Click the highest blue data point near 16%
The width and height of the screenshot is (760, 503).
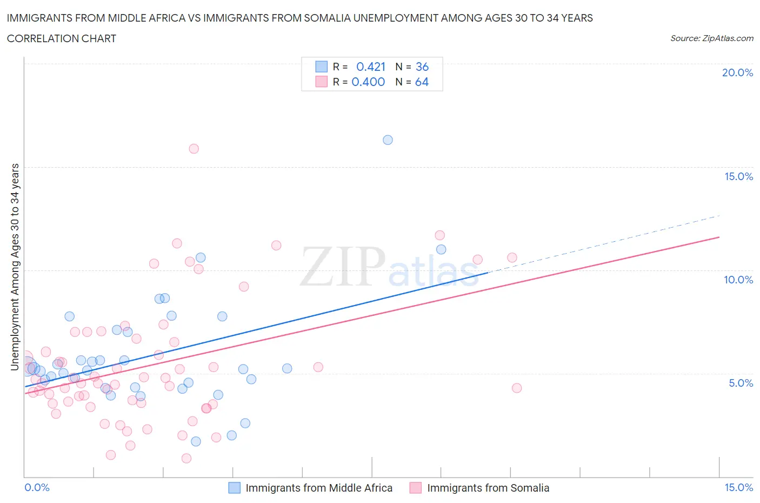click(x=388, y=140)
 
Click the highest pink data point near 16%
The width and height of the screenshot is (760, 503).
click(x=194, y=149)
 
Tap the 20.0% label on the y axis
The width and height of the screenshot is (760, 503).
click(x=737, y=72)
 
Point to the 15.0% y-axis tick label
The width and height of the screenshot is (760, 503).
click(x=738, y=176)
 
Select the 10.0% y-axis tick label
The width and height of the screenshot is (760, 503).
click(x=738, y=280)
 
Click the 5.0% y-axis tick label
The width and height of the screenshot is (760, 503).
click(x=741, y=383)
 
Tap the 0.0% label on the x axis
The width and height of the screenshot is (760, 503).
click(x=37, y=487)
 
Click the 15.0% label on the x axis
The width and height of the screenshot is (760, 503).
click(x=738, y=487)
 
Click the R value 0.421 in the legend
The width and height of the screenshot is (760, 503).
click(x=371, y=67)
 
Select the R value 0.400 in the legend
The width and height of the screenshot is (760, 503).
click(x=368, y=82)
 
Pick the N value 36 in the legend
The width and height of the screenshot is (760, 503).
click(x=422, y=67)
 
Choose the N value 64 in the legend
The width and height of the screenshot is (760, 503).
click(x=422, y=82)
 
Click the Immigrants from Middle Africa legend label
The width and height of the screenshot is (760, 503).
click(x=319, y=488)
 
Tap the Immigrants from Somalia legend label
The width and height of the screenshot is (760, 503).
click(x=488, y=488)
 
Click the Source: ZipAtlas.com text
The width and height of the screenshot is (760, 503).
click(x=711, y=38)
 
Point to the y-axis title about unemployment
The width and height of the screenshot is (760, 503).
click(x=15, y=267)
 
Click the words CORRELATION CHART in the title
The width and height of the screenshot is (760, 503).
click(x=62, y=38)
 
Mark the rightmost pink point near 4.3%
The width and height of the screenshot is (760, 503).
click(x=517, y=388)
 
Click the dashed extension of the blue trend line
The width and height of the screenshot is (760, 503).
click(x=605, y=243)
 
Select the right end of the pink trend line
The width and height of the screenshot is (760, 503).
click(x=719, y=237)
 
